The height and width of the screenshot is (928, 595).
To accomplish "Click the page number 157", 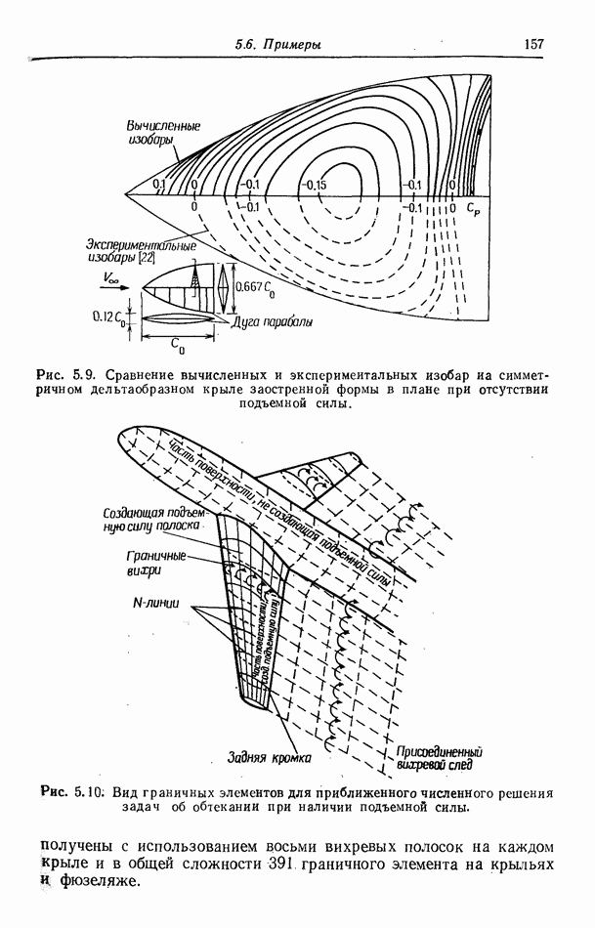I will tap(533, 44).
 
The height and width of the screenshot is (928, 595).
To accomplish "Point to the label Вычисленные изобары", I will tap(164, 133).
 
